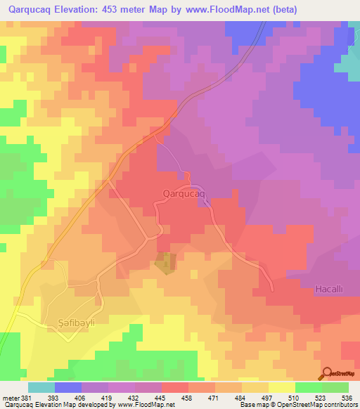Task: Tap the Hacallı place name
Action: pos(328,289)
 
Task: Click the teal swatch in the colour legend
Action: pos(41,387)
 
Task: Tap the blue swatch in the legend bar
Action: pos(67,387)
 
